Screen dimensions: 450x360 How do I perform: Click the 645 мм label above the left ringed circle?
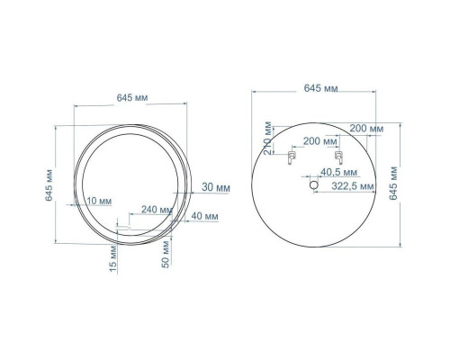132,98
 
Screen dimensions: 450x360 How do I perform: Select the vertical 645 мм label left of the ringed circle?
49,185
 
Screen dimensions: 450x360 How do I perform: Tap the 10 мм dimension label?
99,201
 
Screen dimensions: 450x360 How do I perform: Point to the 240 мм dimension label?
157,210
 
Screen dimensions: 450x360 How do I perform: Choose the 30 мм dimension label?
216,187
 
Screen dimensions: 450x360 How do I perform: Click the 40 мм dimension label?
205,216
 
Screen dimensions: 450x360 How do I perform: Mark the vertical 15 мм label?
113,259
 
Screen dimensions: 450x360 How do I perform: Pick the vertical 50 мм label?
166,255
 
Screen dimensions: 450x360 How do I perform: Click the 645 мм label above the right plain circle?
320,88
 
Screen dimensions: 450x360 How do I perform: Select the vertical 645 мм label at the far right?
393,183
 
